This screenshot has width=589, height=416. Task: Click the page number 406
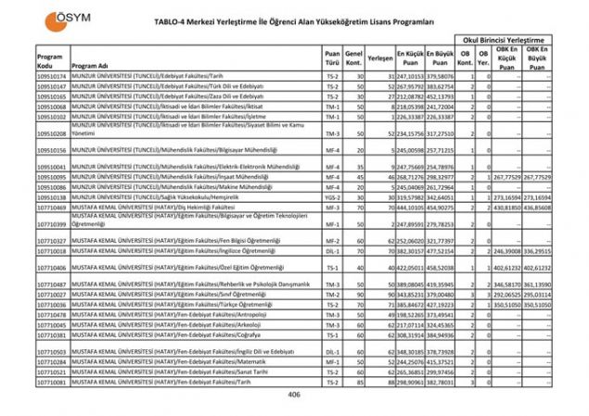[x=294, y=395]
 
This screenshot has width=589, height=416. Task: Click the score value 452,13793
[x=443, y=95]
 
